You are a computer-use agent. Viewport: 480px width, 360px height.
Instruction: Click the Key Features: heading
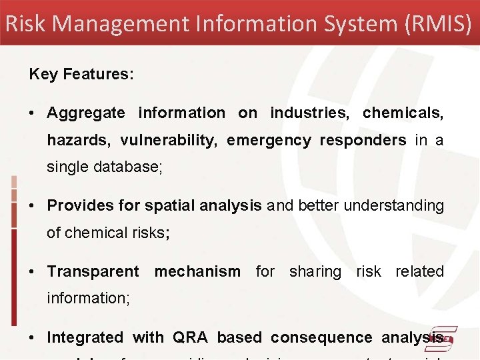click(81, 74)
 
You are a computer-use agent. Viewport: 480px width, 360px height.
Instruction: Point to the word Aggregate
click(85, 113)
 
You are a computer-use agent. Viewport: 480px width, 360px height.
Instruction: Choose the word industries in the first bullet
click(309, 113)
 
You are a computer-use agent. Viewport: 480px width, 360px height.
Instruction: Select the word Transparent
click(93, 272)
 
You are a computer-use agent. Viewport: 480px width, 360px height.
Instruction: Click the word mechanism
click(197, 272)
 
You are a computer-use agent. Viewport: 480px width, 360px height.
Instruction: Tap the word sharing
click(315, 272)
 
